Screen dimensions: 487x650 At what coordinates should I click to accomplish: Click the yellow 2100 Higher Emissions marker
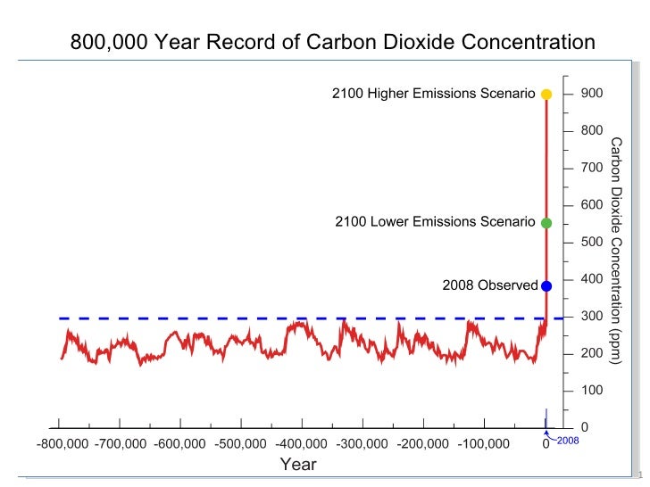[x=546, y=94]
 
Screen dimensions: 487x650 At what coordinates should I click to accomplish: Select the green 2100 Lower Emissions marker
[x=546, y=223]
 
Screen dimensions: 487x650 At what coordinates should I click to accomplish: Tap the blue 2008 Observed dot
[x=546, y=286]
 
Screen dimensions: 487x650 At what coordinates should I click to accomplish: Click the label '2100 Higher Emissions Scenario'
[x=433, y=94]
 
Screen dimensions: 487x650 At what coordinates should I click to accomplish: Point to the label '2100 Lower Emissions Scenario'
[x=435, y=222]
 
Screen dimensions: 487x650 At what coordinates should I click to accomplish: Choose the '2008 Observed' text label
[x=490, y=286]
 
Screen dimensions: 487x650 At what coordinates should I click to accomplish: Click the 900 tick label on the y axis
[x=591, y=94]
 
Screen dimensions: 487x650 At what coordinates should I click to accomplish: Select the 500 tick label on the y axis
[x=591, y=243]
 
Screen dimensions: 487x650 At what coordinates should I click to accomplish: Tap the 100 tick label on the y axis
[x=591, y=391]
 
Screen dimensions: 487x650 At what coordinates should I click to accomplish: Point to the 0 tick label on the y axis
[x=585, y=428]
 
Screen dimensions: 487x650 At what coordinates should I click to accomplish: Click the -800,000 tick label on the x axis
[x=62, y=443]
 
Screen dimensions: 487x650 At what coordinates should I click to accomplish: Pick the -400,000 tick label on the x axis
[x=302, y=443]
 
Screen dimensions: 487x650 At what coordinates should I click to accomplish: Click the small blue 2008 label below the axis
[x=568, y=441]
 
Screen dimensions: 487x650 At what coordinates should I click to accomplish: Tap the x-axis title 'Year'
[x=298, y=465]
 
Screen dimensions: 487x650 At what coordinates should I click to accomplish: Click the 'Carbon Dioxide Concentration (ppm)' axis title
[x=616, y=250]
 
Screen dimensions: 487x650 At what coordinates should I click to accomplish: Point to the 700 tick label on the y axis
[x=591, y=168]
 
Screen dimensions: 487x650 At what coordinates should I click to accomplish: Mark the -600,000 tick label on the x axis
[x=182, y=443]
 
